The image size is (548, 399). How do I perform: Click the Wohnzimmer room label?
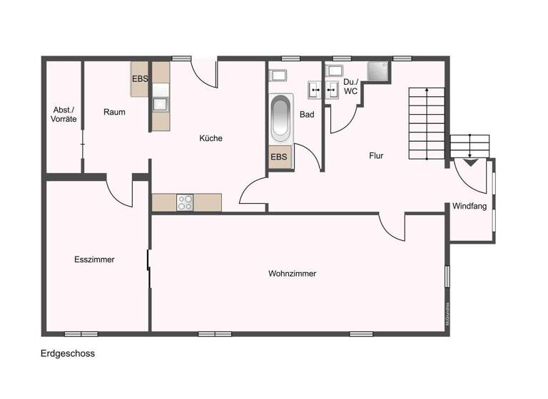[292, 274]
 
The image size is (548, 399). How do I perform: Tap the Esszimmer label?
[94, 259]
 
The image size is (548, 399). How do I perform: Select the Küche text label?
[210, 138]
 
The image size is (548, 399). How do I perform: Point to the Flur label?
[376, 155]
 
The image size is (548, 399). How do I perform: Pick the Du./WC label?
[350, 86]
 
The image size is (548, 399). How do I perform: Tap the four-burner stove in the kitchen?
[186, 202]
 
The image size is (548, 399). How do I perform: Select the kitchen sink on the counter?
[161, 103]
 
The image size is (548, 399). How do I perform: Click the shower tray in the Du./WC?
[378, 71]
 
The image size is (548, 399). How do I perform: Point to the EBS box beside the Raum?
[140, 79]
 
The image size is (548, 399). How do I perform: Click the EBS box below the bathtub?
[280, 157]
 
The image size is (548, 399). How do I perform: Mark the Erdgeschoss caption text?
[68, 353]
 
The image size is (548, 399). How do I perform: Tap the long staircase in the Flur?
[426, 123]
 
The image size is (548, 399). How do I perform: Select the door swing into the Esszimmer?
[119, 190]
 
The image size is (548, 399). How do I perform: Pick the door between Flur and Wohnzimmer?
[393, 226]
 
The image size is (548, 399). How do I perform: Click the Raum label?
[114, 112]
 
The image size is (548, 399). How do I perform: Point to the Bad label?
[307, 114]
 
